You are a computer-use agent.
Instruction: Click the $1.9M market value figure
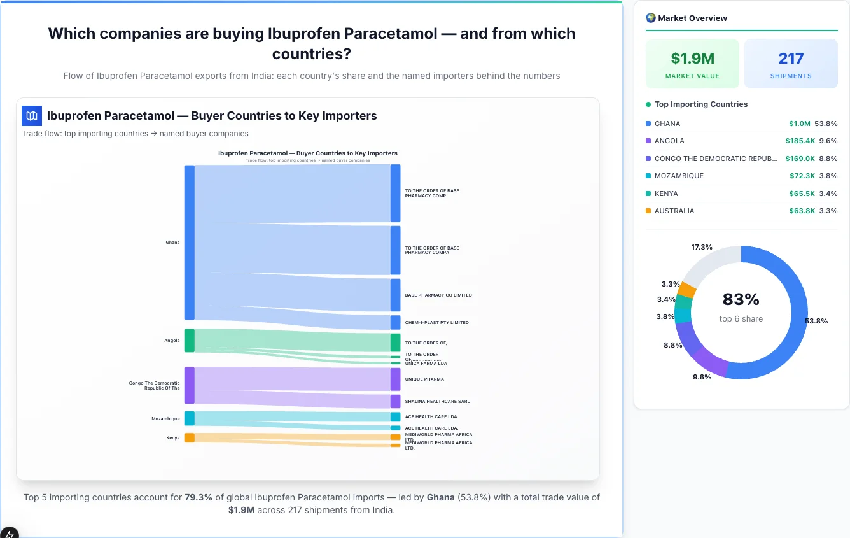coord(692,59)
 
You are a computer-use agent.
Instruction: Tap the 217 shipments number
coord(791,59)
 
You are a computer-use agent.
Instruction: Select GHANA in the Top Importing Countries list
coord(667,124)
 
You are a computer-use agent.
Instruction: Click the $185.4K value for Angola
coord(800,141)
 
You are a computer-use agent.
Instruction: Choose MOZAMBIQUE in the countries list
coord(679,176)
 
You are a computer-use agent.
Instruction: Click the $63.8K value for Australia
coord(802,211)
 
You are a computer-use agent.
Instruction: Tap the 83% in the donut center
coord(741,299)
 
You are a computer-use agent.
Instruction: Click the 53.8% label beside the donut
coord(816,321)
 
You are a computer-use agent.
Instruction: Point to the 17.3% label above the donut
coord(702,247)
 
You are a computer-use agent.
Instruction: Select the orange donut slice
coord(686,290)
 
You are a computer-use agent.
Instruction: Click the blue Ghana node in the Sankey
coord(189,242)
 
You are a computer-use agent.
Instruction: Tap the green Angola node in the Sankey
coord(189,341)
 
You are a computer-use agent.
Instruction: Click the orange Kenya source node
coord(189,437)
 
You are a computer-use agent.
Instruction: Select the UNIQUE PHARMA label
coord(424,379)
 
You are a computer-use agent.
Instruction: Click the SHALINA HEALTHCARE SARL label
coord(437,402)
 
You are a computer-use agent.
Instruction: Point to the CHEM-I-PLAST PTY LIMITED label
coord(436,323)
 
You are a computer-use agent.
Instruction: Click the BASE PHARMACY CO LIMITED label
coord(438,295)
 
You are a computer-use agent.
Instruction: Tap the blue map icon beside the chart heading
coord(32,116)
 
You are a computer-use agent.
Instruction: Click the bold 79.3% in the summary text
coord(199,497)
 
